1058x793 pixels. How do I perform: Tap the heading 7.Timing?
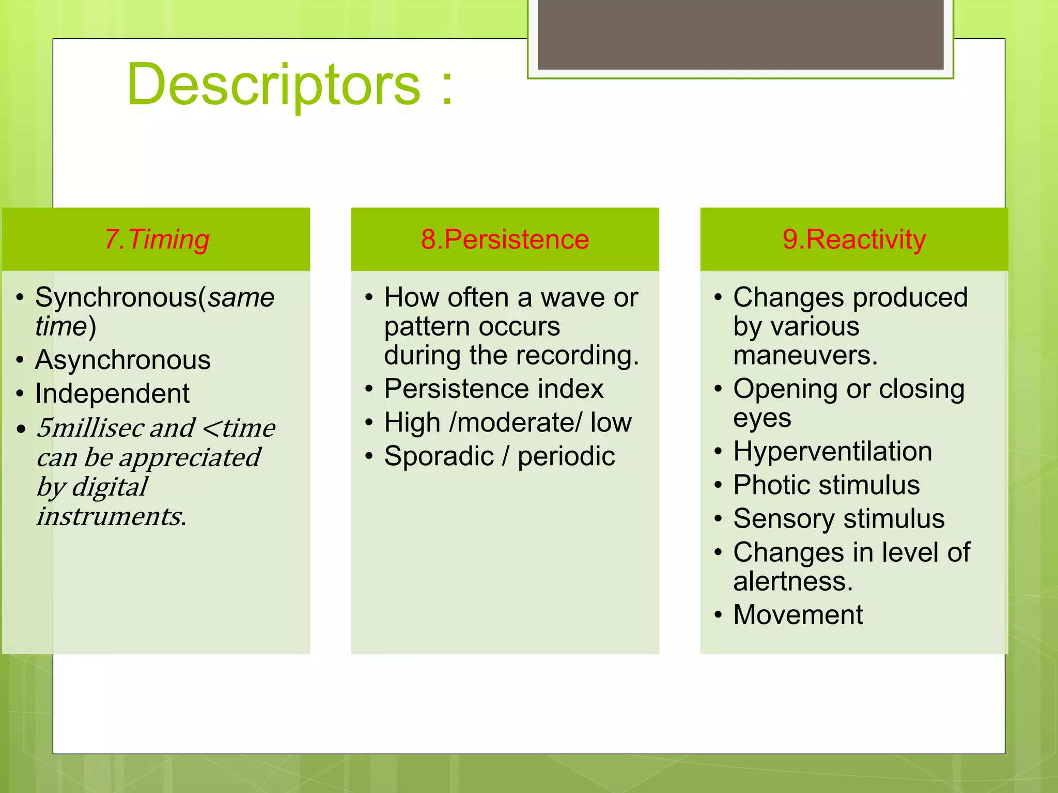(x=157, y=240)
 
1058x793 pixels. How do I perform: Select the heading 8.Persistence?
(x=505, y=240)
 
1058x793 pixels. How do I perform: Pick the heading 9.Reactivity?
(x=854, y=240)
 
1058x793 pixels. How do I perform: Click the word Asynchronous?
(x=123, y=360)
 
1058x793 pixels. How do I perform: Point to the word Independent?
(x=112, y=393)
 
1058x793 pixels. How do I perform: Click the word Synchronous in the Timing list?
(x=116, y=298)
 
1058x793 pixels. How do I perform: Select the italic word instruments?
(x=109, y=516)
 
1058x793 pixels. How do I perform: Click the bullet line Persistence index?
(x=493, y=389)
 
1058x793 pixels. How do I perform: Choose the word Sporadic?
(x=439, y=456)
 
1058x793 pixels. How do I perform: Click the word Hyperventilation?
(x=832, y=451)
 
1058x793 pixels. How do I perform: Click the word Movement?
(x=798, y=615)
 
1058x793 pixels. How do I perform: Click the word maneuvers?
(x=804, y=356)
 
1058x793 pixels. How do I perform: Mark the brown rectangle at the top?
(x=740, y=34)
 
